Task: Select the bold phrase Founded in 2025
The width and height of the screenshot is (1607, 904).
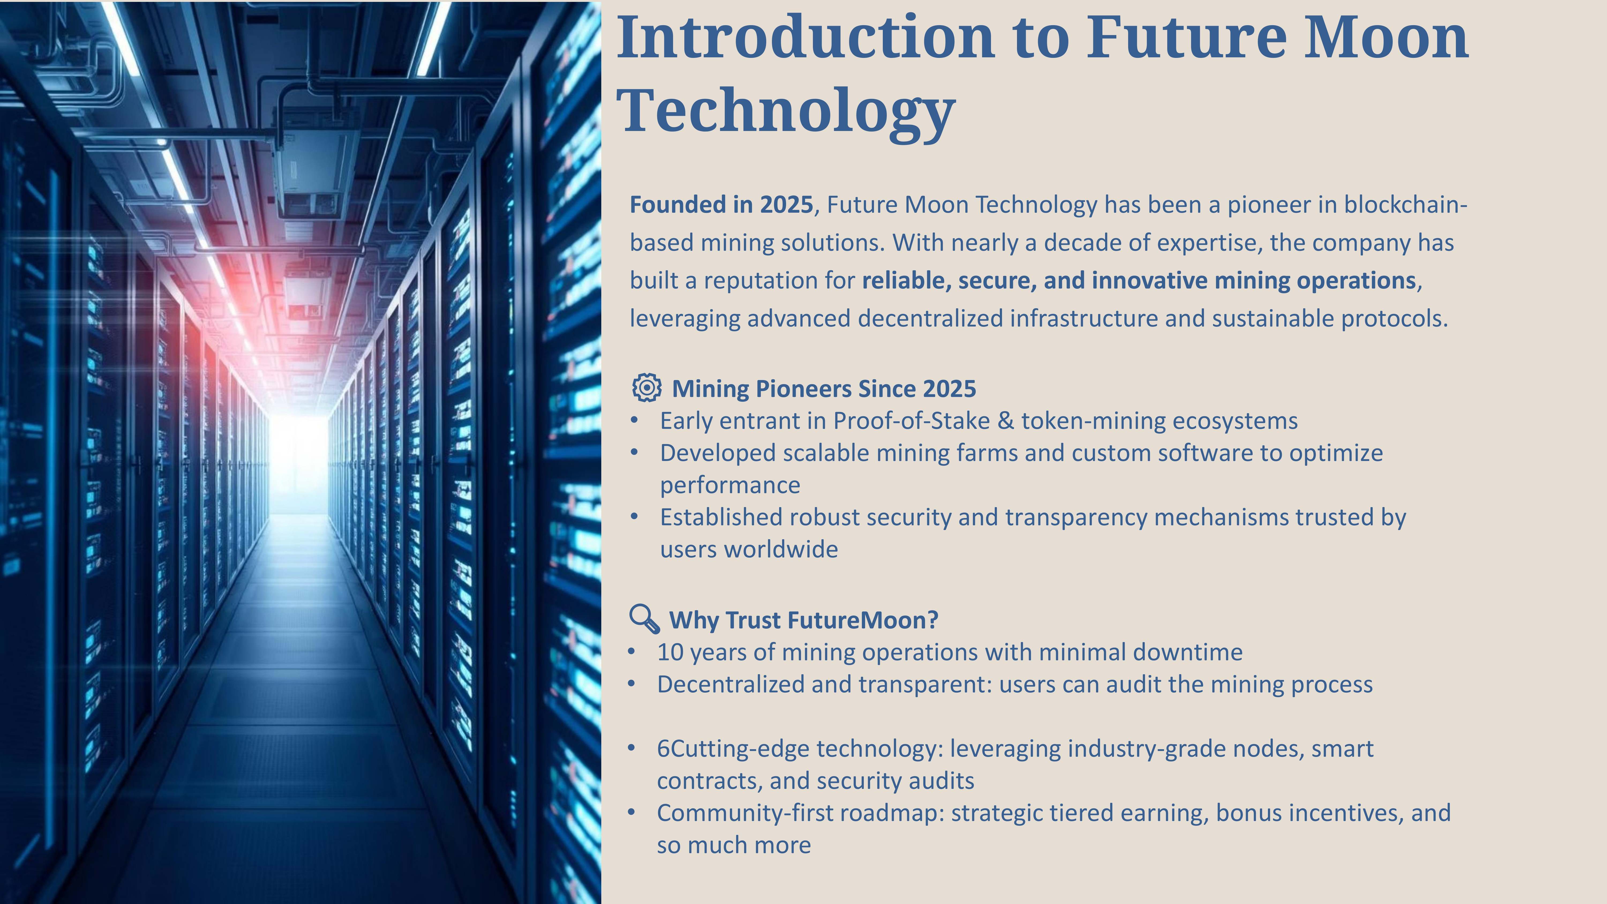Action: [x=721, y=205]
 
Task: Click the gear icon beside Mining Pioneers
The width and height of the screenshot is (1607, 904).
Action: [x=647, y=387]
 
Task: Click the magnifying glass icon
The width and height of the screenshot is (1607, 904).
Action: [x=644, y=618]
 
